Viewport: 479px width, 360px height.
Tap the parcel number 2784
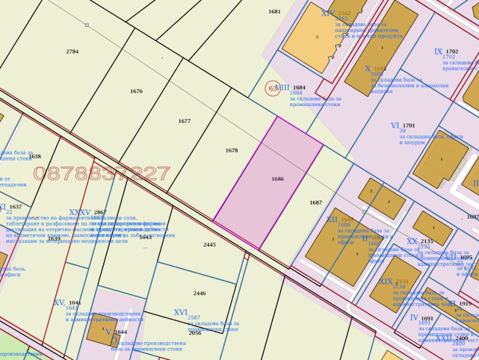[x=72, y=52]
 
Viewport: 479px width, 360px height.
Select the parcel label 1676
[x=136, y=92]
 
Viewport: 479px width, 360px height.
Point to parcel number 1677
[x=184, y=121]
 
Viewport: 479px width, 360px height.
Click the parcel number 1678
[x=232, y=150]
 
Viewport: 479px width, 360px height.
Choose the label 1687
[x=316, y=202]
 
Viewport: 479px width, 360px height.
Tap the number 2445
[x=209, y=244]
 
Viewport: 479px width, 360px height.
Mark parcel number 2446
[x=199, y=293]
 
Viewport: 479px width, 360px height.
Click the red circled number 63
[x=272, y=89]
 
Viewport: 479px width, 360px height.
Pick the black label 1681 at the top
[x=274, y=11]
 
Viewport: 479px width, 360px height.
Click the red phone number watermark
[x=102, y=174]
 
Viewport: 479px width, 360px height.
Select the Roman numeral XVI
[x=180, y=312]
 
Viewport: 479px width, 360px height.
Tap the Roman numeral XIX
[x=386, y=282]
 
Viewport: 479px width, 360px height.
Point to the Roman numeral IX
[x=438, y=52]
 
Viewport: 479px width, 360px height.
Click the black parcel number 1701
[x=408, y=126]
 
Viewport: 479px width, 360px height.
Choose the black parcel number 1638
[x=35, y=157]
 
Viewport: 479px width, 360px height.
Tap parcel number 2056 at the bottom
[x=195, y=333]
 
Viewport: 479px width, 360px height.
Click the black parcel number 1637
[x=16, y=207]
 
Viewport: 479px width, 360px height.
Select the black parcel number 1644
[x=121, y=332]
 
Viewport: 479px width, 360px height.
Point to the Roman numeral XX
[x=412, y=241]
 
